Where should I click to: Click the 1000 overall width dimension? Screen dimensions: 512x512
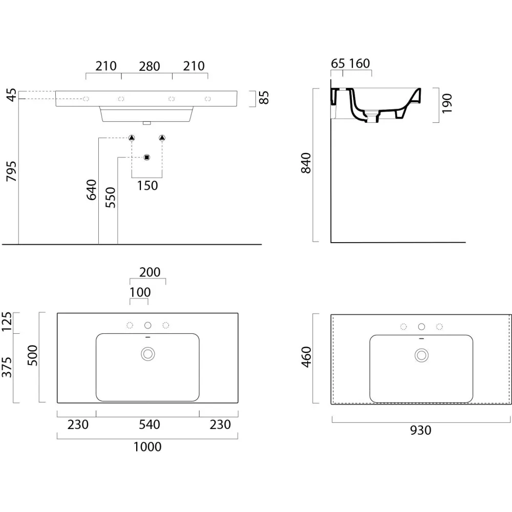click(147, 446)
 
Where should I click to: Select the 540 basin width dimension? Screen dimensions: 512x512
click(149, 424)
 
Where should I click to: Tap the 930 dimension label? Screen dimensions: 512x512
click(420, 431)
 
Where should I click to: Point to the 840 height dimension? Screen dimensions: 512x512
click(306, 163)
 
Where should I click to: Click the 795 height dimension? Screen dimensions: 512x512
click(11, 171)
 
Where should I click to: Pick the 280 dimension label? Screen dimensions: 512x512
click(149, 66)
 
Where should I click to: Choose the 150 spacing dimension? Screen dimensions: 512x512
click(147, 185)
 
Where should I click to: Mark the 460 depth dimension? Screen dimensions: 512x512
click(307, 357)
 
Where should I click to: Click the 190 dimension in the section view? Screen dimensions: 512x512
click(447, 103)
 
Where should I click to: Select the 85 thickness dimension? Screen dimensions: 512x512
click(264, 98)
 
